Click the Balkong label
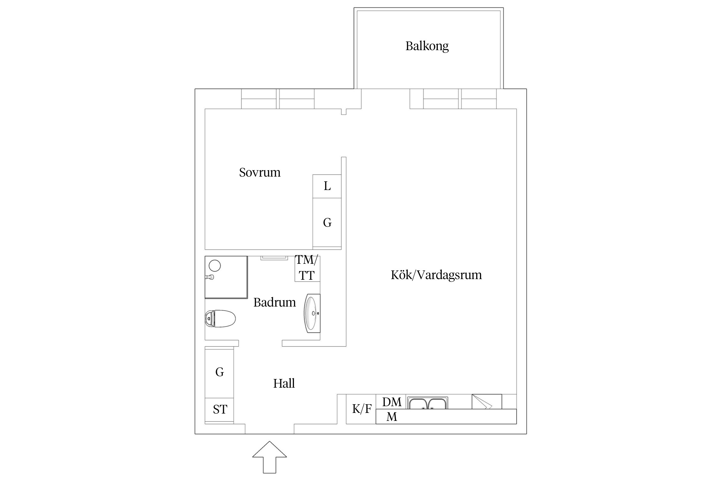(427, 46)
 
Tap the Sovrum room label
(260, 172)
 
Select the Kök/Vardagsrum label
(436, 275)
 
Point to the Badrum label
(274, 302)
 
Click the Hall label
(284, 383)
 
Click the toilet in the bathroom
(220, 319)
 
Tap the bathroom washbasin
(312, 313)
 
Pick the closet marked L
(327, 186)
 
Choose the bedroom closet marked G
(327, 223)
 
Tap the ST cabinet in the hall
(219, 410)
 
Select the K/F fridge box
(361, 409)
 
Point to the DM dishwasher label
(392, 402)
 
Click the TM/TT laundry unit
(307, 268)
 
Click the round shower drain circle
(215, 266)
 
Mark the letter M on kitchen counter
(392, 417)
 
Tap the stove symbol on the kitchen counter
(487, 402)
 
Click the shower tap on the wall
(209, 277)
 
